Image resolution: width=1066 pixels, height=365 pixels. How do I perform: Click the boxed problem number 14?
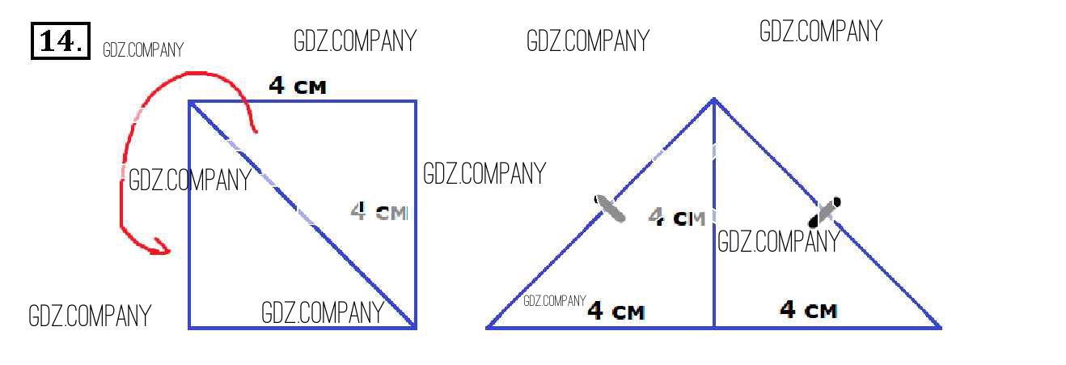point(60,41)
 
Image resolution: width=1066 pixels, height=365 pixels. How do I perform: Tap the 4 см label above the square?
point(298,86)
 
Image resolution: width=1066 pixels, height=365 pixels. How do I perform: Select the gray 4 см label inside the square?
point(379,212)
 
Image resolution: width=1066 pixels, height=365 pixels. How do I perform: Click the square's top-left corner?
point(190,102)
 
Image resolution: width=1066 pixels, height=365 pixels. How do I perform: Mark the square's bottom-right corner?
point(415,327)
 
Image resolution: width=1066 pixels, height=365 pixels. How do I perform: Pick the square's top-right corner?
point(416,102)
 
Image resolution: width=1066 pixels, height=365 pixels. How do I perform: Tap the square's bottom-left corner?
point(190,327)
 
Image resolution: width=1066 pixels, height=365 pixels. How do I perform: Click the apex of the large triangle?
point(713,100)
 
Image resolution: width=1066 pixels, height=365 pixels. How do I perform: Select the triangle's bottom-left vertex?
point(488,327)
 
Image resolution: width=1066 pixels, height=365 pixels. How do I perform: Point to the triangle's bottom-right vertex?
point(940,327)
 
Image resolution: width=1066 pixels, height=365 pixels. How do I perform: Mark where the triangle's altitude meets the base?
point(713,327)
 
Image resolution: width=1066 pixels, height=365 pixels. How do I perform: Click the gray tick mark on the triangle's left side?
point(610,208)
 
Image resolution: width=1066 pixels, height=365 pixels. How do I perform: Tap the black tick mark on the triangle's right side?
point(826,211)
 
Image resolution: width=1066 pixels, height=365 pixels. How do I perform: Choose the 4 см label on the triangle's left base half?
point(615,311)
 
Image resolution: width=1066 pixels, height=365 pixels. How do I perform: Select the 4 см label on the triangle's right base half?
point(808,309)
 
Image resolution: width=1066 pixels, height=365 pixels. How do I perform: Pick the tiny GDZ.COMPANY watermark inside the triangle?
point(554,301)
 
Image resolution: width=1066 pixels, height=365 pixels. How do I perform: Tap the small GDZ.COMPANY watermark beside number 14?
point(143,50)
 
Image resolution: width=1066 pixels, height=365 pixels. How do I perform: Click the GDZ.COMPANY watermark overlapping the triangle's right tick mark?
point(779,241)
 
